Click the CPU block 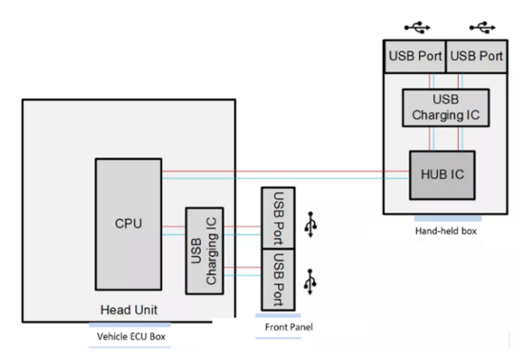(x=129, y=224)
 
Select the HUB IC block (x=442, y=175)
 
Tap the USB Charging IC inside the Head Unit (x=205, y=250)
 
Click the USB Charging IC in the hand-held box (x=446, y=108)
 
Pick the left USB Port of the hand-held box (x=415, y=56)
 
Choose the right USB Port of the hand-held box (x=476, y=56)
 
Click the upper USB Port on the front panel (x=278, y=218)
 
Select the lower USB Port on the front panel (x=278, y=280)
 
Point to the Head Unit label (x=129, y=310)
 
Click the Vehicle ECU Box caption (x=130, y=336)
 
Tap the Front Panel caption (x=288, y=327)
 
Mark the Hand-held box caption (x=446, y=230)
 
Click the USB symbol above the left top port (x=417, y=28)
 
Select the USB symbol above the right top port (x=483, y=28)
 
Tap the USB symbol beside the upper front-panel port (x=310, y=225)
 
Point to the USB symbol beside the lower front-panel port (x=310, y=282)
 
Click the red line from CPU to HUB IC (x=286, y=171)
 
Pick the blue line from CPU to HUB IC (x=286, y=178)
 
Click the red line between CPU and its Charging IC (x=174, y=227)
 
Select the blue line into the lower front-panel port (x=243, y=275)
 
